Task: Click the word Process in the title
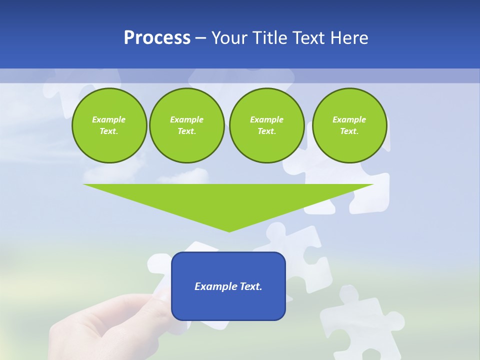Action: click(157, 38)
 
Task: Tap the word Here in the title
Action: click(349, 38)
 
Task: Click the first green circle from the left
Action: click(109, 125)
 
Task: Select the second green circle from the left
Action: click(187, 125)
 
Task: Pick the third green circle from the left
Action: click(267, 125)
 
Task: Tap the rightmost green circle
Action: click(349, 125)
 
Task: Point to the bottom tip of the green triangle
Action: click(229, 231)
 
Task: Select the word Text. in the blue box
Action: click(251, 286)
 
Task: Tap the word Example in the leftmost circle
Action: click(109, 119)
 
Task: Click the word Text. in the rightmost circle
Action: click(349, 131)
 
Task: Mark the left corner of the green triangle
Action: click(84, 184)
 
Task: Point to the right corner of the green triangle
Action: click(373, 184)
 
